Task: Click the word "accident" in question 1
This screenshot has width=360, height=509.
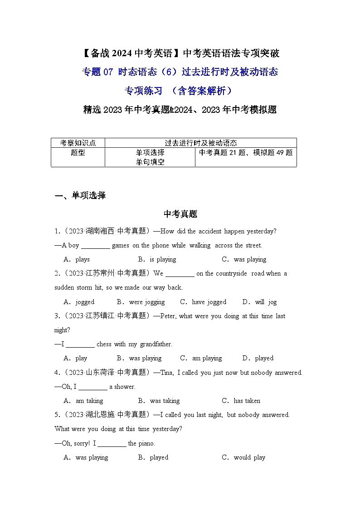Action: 210,231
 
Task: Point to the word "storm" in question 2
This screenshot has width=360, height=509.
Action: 83,287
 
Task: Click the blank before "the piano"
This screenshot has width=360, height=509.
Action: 112,444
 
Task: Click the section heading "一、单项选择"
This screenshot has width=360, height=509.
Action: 80,196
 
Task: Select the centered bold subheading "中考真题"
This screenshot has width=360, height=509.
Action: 180,214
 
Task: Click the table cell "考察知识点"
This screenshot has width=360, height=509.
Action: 78,143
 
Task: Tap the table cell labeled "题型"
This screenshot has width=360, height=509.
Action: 78,153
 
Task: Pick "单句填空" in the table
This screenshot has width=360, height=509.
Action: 150,162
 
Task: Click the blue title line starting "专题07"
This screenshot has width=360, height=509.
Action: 180,72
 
